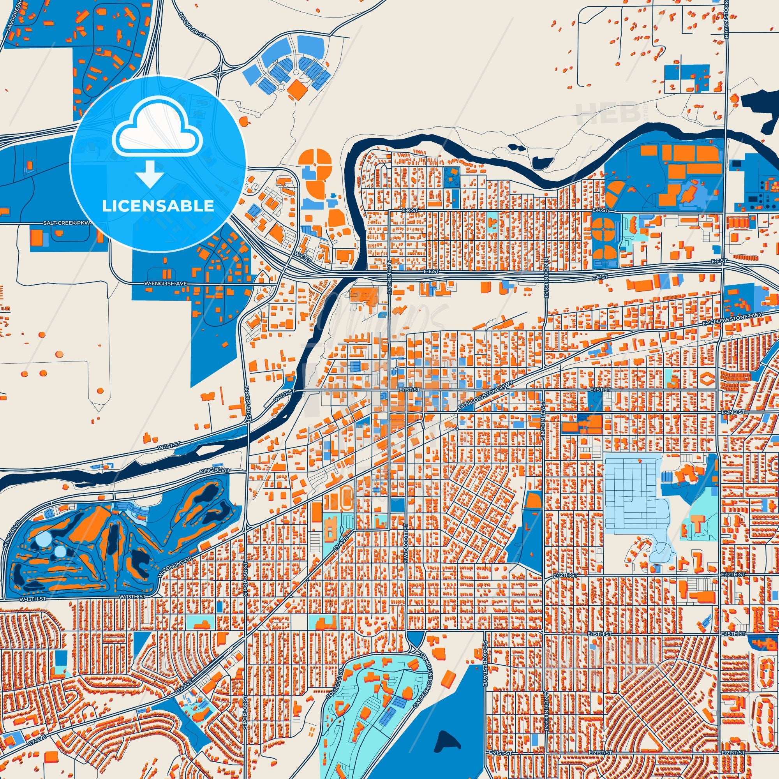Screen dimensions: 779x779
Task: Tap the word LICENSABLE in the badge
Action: pyautogui.click(x=158, y=206)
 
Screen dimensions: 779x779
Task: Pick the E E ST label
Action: pyautogui.click(x=599, y=278)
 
